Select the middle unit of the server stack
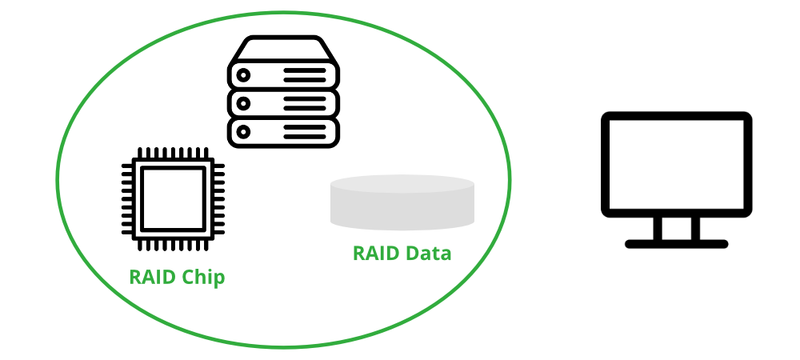click(284, 102)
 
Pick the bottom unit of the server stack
click(284, 130)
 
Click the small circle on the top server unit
click(242, 75)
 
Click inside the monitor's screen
click(676, 164)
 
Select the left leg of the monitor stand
click(658, 229)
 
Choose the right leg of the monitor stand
click(695, 229)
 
